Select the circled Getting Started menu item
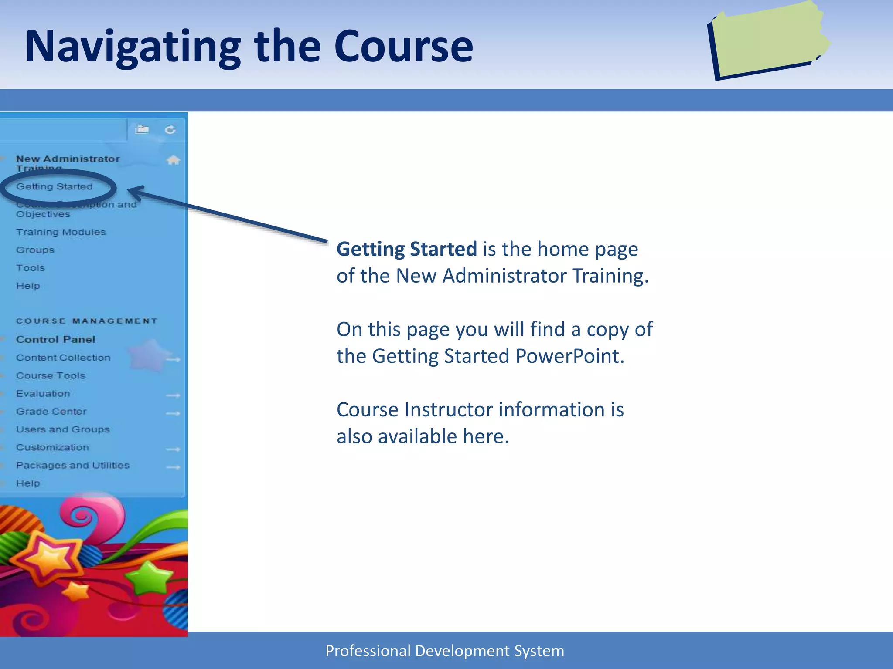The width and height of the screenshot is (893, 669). pyautogui.click(x=55, y=187)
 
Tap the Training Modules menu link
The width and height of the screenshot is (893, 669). pyautogui.click(x=61, y=232)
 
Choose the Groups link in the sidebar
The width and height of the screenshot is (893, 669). pyautogui.click(x=35, y=250)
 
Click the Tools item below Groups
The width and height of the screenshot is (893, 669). pyautogui.click(x=30, y=268)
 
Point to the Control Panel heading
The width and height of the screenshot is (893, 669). pyautogui.click(x=55, y=339)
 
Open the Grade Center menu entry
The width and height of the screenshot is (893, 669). pyautogui.click(x=51, y=412)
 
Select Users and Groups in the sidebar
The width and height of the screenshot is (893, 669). pyautogui.click(x=63, y=429)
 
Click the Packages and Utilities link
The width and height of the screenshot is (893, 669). pyautogui.click(x=72, y=465)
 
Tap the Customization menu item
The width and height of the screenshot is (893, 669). pyautogui.click(x=52, y=447)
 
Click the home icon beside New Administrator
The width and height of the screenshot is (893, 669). pyautogui.click(x=173, y=160)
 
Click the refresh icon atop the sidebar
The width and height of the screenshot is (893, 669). pyautogui.click(x=170, y=129)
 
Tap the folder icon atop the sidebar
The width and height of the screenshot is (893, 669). pyautogui.click(x=142, y=129)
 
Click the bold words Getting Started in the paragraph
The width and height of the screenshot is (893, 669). pyautogui.click(x=406, y=249)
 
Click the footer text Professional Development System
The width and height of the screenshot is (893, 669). pyautogui.click(x=445, y=651)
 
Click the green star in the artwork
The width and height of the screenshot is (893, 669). pyautogui.click(x=149, y=577)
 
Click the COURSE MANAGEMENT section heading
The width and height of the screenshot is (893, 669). pyautogui.click(x=86, y=321)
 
